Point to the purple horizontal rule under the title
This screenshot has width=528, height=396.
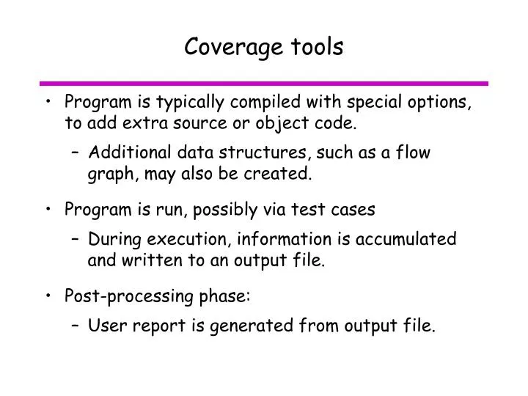(263, 83)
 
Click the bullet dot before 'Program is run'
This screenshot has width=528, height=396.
(48, 210)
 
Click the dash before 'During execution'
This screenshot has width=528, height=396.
(77, 240)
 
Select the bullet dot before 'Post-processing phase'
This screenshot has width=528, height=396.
(48, 296)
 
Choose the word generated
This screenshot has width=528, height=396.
(235, 326)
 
